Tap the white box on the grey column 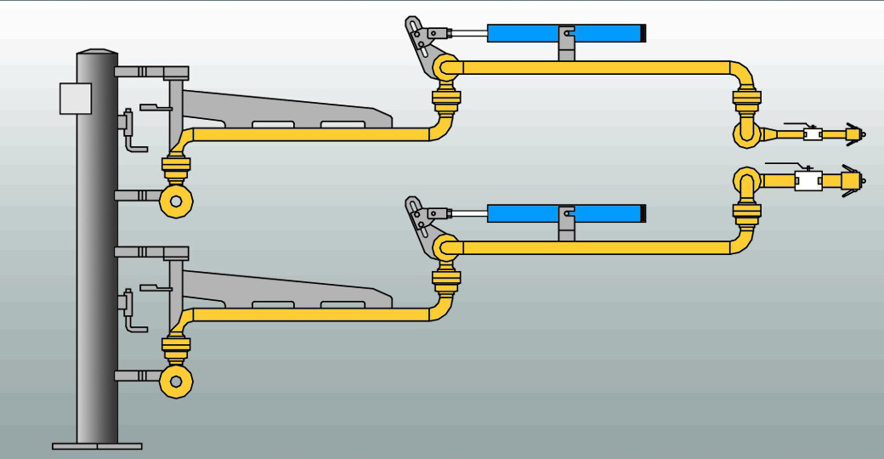click(75, 98)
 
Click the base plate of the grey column click(97, 445)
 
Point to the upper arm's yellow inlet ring click(177, 201)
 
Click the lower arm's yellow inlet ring click(177, 382)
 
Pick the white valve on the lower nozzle click(807, 181)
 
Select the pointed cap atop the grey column click(96, 54)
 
